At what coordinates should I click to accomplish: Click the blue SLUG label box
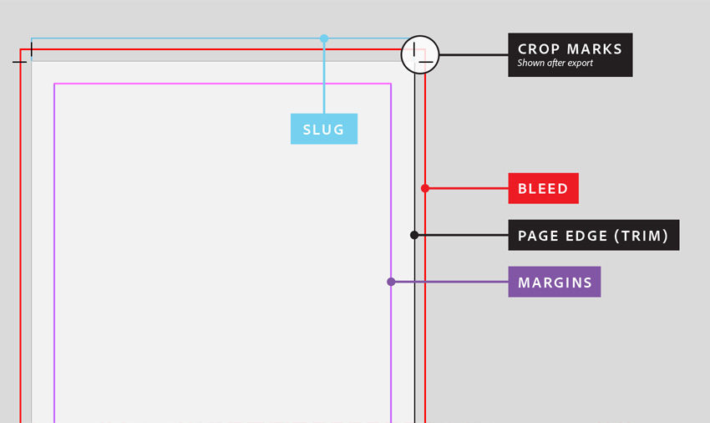[x=324, y=129]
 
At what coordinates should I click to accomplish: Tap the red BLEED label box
[x=544, y=188]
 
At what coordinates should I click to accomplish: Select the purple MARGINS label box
[x=555, y=282]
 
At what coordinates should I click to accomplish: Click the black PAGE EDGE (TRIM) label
[x=594, y=235]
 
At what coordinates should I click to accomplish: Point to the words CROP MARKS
[x=570, y=49]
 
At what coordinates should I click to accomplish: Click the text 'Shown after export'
[x=555, y=63]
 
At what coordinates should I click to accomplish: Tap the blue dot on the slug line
[x=324, y=39]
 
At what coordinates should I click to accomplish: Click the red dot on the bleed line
[x=424, y=188]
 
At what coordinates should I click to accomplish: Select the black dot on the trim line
[x=414, y=235]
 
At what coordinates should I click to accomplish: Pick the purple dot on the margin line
[x=391, y=282]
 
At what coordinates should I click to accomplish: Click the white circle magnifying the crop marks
[x=420, y=55]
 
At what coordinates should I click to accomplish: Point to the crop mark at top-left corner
[x=25, y=54]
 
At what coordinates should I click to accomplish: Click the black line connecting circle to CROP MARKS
[x=474, y=55]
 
